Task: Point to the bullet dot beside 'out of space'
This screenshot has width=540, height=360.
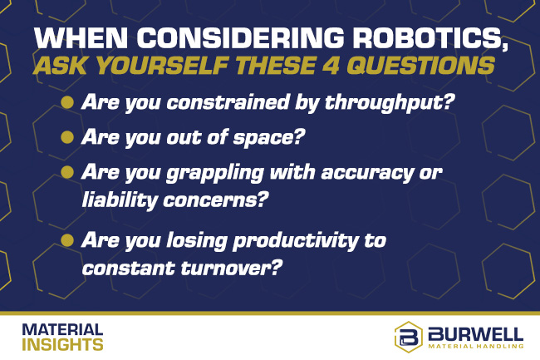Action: coord(66,137)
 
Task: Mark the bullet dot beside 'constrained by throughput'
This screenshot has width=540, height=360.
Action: coord(66,103)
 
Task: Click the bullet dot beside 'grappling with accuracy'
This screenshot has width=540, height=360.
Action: coord(66,171)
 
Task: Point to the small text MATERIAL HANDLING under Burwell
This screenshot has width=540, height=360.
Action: coord(477,347)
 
